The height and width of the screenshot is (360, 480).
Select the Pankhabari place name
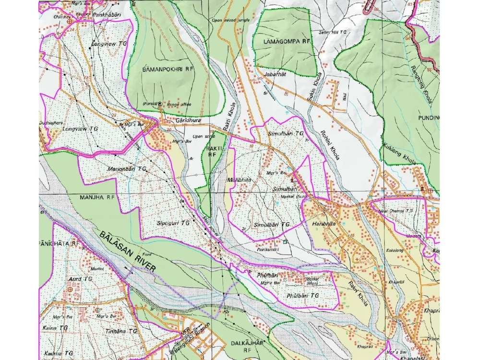107,15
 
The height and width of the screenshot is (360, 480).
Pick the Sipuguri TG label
173,223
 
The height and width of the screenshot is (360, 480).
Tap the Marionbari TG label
127,169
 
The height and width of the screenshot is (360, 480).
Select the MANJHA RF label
97,197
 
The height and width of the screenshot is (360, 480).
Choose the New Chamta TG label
396,211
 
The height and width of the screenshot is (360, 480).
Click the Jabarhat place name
275,75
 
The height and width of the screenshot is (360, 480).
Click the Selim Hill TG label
332,32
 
